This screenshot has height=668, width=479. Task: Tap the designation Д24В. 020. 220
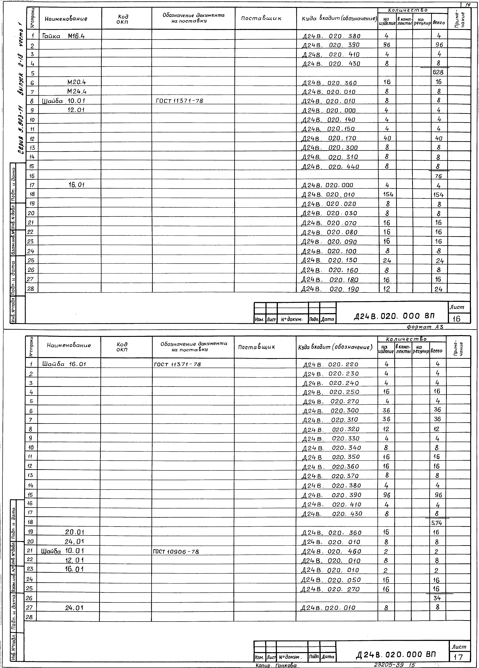pyautogui.click(x=331, y=365)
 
